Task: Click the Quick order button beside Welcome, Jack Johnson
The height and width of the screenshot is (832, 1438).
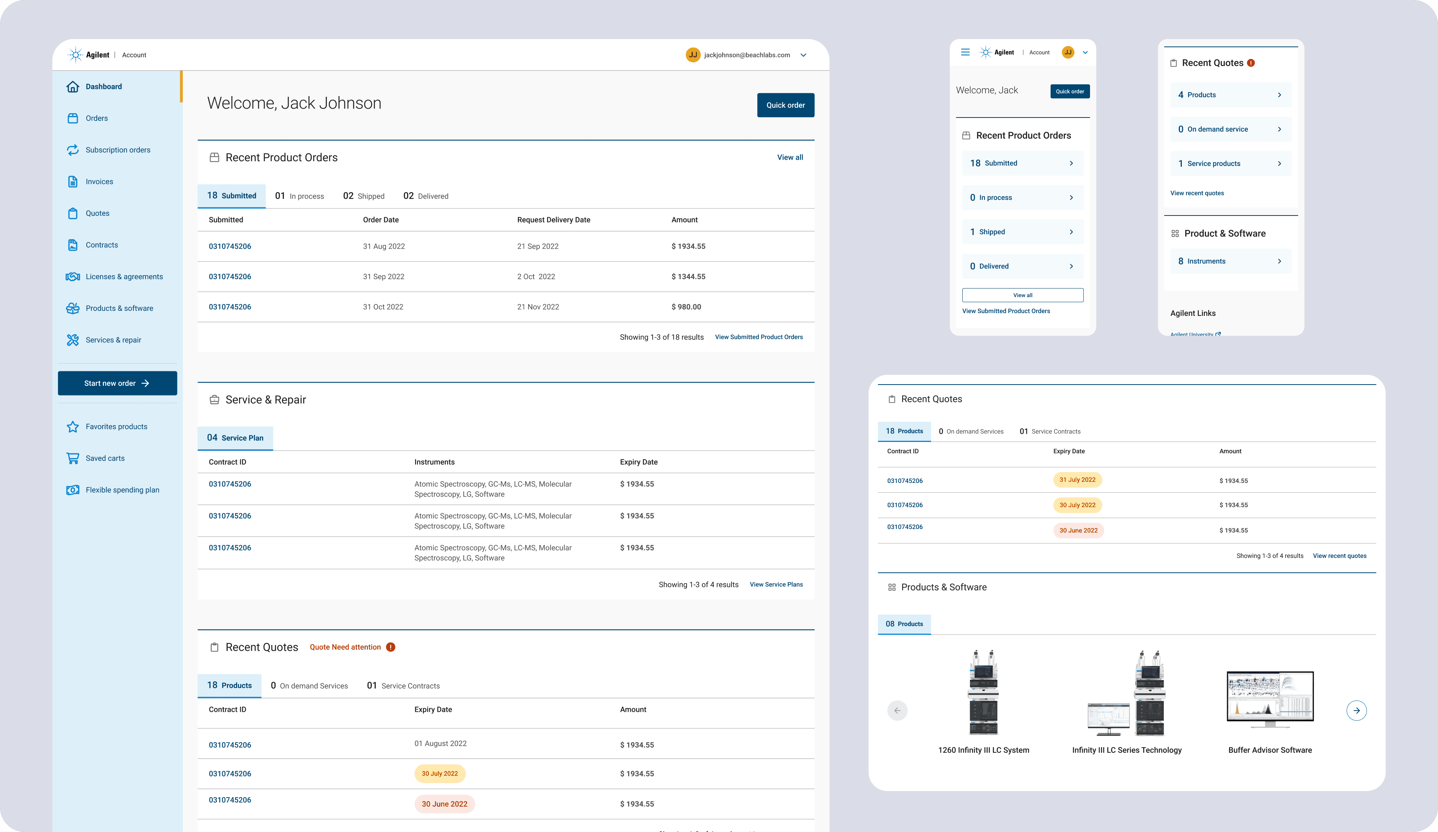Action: pos(785,105)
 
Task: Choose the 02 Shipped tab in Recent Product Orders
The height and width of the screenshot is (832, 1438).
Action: pos(364,196)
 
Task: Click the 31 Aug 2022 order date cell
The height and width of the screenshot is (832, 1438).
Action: pos(384,246)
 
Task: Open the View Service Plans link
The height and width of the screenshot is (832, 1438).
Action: pos(776,584)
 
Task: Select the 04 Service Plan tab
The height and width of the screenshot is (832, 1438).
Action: pos(235,438)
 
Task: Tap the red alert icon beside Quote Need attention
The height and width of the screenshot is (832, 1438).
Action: pos(390,647)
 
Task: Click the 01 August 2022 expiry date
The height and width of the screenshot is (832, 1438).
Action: pos(441,743)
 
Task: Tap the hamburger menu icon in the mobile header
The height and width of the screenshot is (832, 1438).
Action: pos(965,52)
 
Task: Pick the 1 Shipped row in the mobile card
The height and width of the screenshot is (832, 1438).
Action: pos(1022,232)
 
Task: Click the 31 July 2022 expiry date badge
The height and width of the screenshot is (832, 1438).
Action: pos(1078,480)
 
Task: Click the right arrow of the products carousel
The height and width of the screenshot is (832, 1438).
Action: pos(1356,711)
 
